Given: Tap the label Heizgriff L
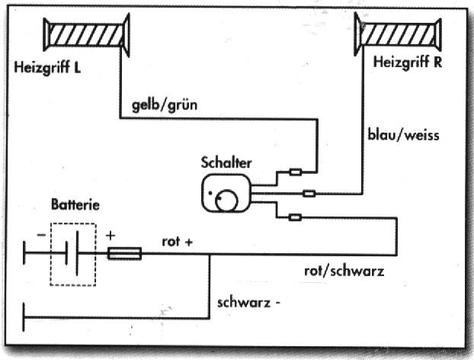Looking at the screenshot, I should point(47,67).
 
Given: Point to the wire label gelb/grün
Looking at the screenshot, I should point(164,105).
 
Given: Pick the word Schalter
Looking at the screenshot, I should point(226,162).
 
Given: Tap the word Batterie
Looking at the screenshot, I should point(74,205).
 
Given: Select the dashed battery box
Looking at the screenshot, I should point(74,254).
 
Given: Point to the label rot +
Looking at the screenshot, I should point(178,242).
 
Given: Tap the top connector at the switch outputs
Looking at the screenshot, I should point(297,172).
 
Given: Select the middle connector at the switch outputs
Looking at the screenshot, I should point(309,194).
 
